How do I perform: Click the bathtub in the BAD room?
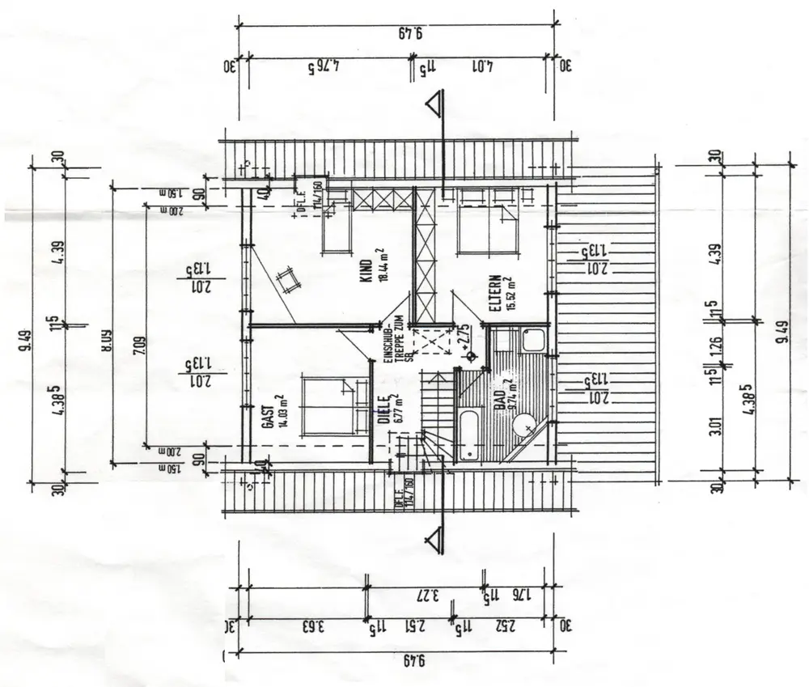click(470, 435)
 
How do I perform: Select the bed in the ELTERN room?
click(485, 229)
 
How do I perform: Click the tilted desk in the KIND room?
click(287, 282)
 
